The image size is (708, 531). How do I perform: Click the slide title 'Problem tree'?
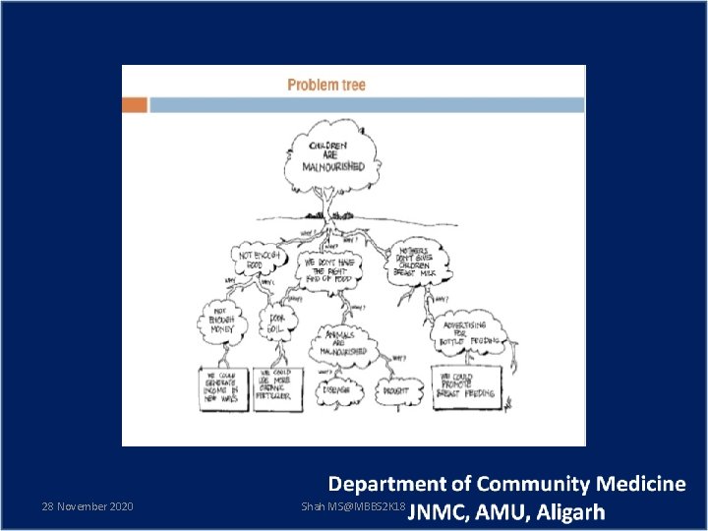pos(325,85)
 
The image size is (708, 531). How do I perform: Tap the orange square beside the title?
pos(135,104)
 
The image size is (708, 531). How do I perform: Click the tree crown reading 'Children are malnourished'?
pos(336,156)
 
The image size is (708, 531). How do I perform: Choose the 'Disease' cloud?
pos(338,391)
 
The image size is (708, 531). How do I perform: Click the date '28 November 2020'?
pos(88,506)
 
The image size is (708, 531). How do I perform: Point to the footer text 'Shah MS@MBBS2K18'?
pos(353,506)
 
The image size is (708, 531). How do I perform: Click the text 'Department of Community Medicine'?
pos(506,484)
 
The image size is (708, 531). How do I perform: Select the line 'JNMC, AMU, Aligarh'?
pos(506,512)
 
